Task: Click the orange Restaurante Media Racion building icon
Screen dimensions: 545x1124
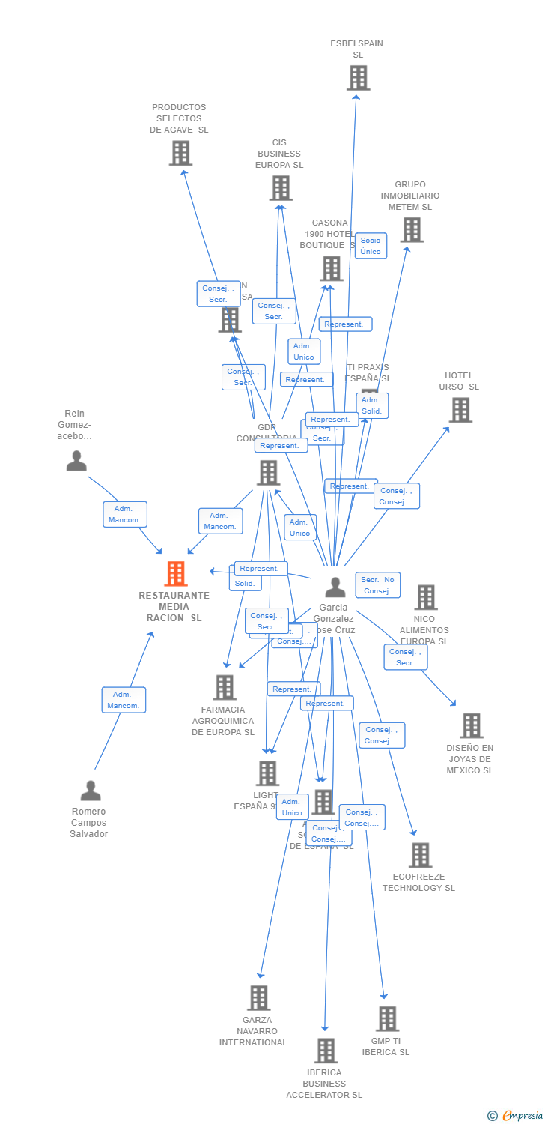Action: click(x=176, y=574)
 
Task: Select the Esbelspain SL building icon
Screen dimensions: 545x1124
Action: click(x=358, y=78)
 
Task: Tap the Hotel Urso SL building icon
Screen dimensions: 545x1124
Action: click(x=460, y=410)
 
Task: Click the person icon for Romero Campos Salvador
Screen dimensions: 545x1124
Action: click(x=91, y=791)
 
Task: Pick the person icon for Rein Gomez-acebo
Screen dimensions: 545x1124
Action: click(x=76, y=460)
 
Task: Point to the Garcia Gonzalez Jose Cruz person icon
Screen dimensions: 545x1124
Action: click(x=335, y=587)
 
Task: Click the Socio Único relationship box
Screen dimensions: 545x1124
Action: click(x=371, y=246)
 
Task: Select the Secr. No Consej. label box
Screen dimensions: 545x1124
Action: click(x=377, y=585)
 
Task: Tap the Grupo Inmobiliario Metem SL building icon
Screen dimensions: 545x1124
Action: click(x=412, y=230)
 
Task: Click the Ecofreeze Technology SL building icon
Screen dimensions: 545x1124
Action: click(x=420, y=855)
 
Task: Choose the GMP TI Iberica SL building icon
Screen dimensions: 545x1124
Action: click(x=387, y=1019)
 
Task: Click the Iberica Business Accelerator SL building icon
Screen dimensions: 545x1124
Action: click(x=325, y=1051)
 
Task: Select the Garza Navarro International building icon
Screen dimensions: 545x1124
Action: click(x=259, y=998)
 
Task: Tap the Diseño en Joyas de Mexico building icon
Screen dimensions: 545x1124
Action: click(x=471, y=725)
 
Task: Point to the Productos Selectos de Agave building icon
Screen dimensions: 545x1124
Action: click(x=180, y=153)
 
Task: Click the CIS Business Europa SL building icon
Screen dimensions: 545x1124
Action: click(x=281, y=188)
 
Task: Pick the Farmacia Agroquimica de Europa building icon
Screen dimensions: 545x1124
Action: click(x=225, y=687)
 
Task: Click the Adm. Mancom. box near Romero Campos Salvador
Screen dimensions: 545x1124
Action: click(x=124, y=700)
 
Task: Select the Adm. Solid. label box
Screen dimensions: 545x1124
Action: click(x=372, y=405)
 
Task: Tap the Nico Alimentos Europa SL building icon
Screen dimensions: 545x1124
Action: click(x=426, y=597)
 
